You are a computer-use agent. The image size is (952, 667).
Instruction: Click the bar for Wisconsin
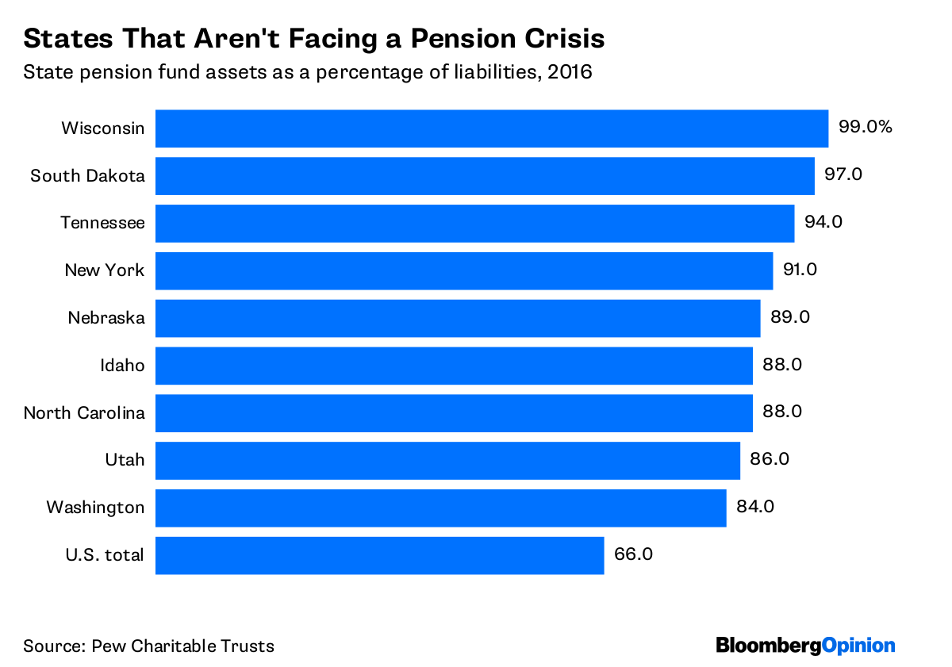(x=492, y=128)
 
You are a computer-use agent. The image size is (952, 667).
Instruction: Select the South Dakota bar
(x=485, y=176)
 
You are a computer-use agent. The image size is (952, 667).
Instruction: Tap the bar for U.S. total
(x=379, y=555)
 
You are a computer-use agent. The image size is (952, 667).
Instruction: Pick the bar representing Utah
(x=447, y=460)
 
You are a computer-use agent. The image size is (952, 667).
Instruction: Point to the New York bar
(x=464, y=270)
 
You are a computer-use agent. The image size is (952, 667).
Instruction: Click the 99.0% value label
(x=866, y=127)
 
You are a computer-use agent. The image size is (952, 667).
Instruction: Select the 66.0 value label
(x=633, y=554)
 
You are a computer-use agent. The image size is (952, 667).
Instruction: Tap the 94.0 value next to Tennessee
(x=823, y=222)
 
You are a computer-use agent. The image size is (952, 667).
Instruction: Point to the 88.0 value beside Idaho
(x=782, y=365)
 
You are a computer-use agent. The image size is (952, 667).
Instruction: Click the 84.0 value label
(x=755, y=507)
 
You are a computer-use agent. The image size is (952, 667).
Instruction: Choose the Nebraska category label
(x=106, y=318)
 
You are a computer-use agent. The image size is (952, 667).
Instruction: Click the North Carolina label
(x=84, y=412)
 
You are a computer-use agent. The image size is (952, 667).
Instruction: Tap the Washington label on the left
(x=95, y=508)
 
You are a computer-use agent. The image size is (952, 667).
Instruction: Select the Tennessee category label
(x=103, y=223)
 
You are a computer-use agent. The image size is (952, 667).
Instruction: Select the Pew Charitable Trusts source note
(x=148, y=646)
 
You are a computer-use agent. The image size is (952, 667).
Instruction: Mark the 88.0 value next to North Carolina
(x=782, y=412)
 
